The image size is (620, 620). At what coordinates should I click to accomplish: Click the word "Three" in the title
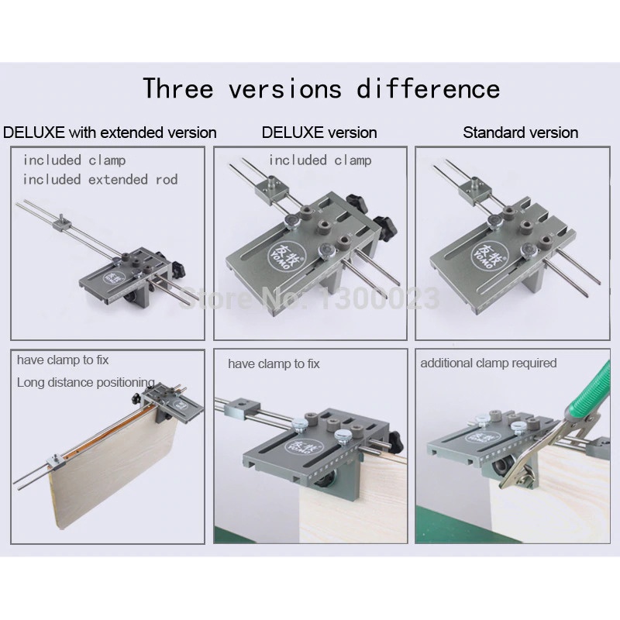tap(178, 88)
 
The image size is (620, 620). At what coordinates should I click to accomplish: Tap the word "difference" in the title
tap(429, 88)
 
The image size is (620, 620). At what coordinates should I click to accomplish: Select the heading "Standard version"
tap(520, 133)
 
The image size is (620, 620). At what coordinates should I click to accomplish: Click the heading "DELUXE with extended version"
tap(109, 133)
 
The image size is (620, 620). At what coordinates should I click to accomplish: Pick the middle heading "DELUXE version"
tap(319, 133)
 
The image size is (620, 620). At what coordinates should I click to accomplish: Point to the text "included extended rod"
tap(100, 180)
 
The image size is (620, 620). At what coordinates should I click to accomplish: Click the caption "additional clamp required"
tap(488, 363)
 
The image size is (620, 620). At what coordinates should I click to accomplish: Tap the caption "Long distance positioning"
tap(86, 382)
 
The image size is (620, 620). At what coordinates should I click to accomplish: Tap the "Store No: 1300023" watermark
tap(309, 298)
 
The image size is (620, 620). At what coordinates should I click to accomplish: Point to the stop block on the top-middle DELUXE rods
tap(273, 188)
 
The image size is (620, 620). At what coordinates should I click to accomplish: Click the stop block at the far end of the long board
tap(54, 462)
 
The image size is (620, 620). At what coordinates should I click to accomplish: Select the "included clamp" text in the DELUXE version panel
tap(320, 160)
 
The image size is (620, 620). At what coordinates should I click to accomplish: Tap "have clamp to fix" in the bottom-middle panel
tap(274, 363)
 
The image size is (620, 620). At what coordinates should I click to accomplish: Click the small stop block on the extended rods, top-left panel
tap(62, 222)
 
